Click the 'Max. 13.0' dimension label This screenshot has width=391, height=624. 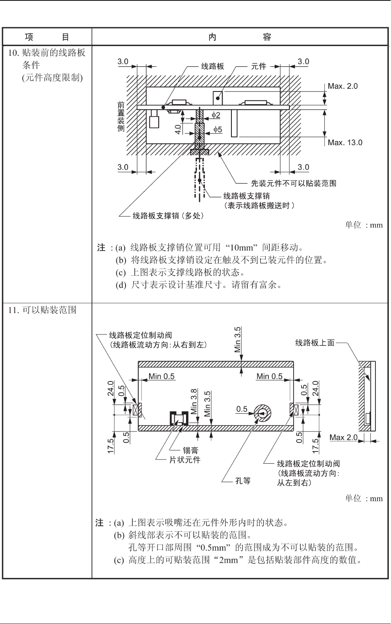pos(345,143)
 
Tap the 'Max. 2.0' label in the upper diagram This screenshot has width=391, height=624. pos(343,86)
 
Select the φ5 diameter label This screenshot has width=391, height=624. pos(217,130)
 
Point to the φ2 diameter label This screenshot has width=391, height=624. pos(215,115)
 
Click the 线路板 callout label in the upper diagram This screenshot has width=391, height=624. pos(212,66)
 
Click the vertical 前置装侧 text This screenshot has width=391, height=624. pos(121,117)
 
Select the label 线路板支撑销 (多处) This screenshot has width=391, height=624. pos(168,216)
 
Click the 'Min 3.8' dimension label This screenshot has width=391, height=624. pos(194,402)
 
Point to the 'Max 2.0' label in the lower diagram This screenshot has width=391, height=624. pos(343,438)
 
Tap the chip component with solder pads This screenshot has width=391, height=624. pos(178,418)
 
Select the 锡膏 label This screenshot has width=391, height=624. pos(190,450)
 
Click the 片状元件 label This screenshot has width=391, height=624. pos(184,460)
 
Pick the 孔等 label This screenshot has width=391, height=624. pos(243,481)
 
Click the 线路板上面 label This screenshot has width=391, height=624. pos(315,343)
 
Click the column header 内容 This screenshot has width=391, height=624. pos(239,37)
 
